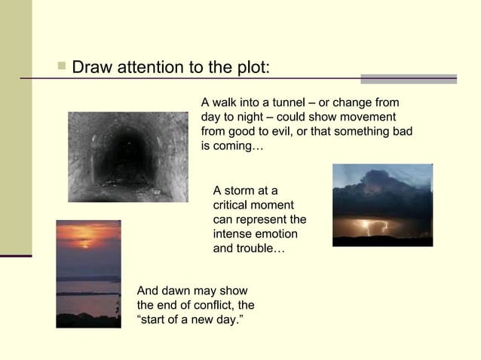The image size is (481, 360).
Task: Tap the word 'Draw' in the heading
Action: (x=91, y=67)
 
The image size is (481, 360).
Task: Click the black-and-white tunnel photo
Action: (x=127, y=157)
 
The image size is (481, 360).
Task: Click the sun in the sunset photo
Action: (x=85, y=243)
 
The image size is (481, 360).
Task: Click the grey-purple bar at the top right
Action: (x=408, y=78)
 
